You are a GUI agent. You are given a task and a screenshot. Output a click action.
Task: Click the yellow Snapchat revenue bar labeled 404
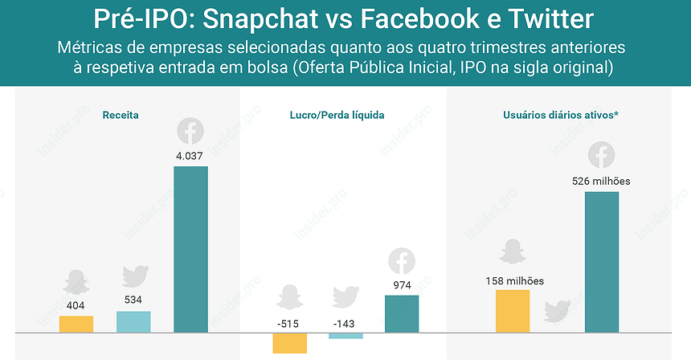[76, 324]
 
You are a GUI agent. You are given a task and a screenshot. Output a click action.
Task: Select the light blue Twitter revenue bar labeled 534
[133, 321]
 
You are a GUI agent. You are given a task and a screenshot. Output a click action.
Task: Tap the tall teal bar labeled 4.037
[190, 249]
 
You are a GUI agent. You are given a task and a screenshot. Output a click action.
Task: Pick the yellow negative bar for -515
[290, 342]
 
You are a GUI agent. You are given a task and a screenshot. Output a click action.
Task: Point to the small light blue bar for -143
[345, 335]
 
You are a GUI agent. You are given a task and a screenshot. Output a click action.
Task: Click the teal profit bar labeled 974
[402, 313]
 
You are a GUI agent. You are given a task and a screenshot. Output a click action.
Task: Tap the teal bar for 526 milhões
[602, 262]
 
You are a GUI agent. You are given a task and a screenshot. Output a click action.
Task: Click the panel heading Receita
[121, 115]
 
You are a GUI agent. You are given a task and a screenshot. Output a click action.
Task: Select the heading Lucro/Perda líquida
[337, 115]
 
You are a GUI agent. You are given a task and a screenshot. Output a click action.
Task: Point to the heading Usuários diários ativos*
[560, 115]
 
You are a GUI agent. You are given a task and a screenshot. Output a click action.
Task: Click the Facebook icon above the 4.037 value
[190, 130]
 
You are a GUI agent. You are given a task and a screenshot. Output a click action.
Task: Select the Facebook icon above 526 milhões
[602, 154]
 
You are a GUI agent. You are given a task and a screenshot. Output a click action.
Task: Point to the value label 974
[403, 284]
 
